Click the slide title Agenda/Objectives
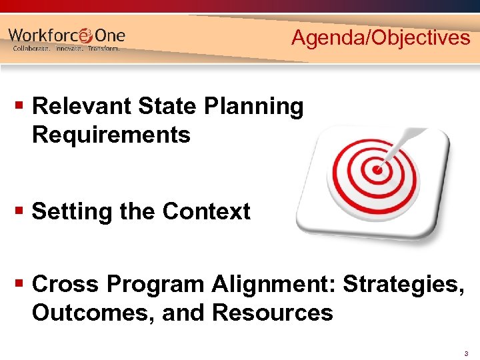tap(381, 38)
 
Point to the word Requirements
tap(111, 135)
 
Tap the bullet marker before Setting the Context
tap(19, 212)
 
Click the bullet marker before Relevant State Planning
tap(19, 106)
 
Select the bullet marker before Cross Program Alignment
tap(19, 284)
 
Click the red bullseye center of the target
tap(378, 169)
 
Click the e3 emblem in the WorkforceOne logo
tap(86, 35)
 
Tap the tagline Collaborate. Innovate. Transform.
tap(67, 49)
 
